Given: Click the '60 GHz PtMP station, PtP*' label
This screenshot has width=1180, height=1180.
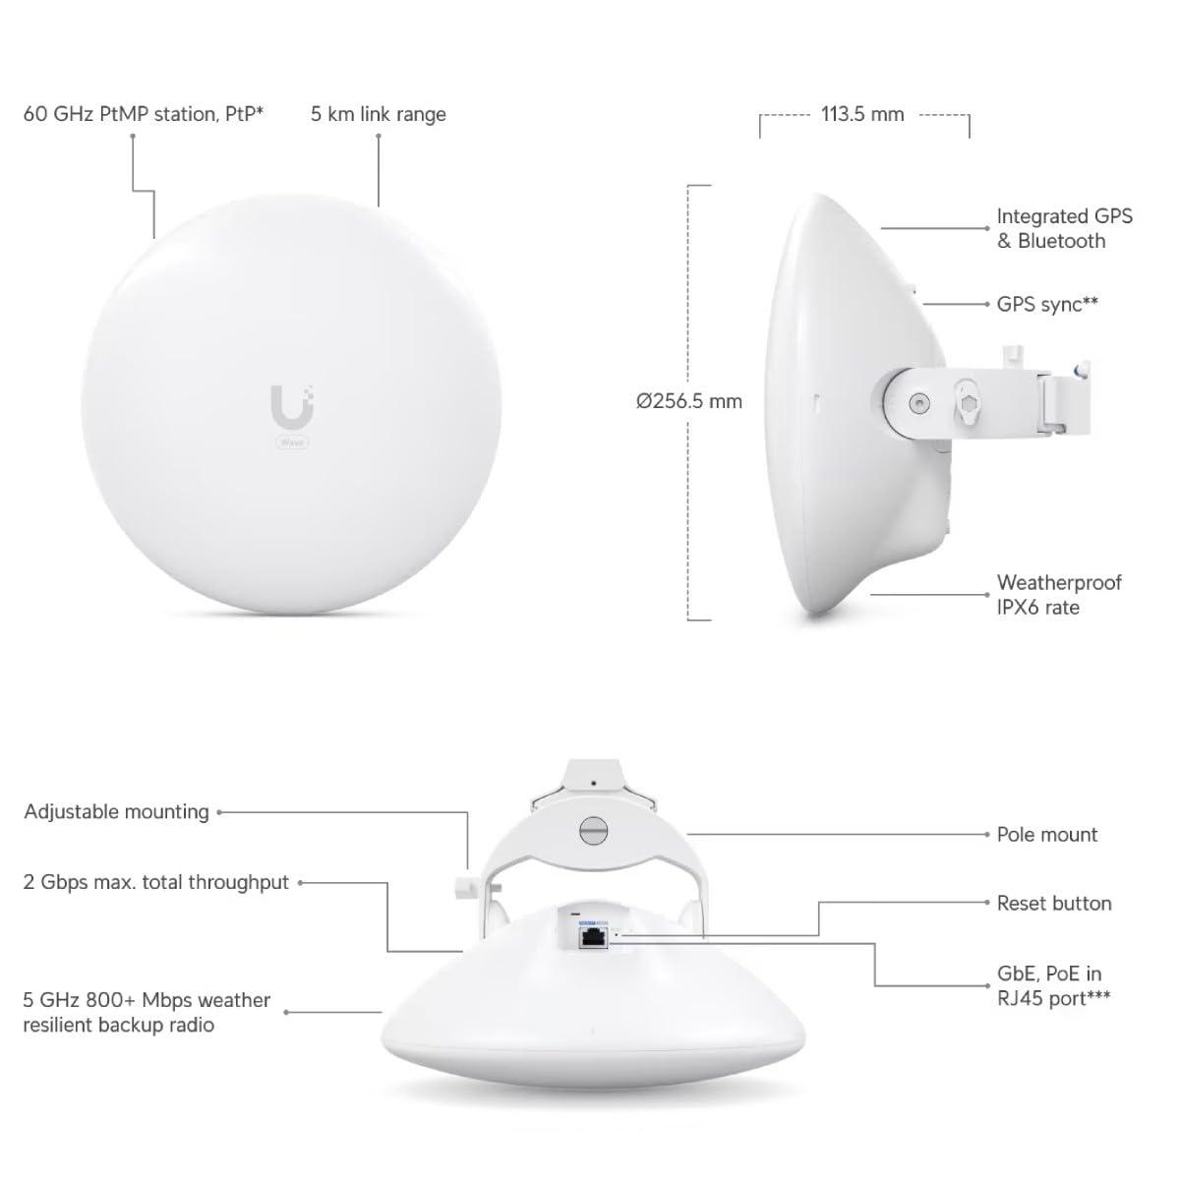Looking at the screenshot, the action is pos(144,114).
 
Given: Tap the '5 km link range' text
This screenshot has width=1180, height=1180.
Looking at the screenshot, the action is pos(378,114).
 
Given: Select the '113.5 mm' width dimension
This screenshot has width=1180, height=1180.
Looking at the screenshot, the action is pos(862,114).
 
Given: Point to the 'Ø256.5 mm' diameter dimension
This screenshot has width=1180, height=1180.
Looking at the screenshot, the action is pos(689,402).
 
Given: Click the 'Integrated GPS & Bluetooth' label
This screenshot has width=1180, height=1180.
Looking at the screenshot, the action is pos(1064,228).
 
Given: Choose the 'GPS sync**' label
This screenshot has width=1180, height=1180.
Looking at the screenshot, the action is pos(1047,304).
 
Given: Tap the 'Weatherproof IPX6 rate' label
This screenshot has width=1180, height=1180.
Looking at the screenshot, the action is pos(1059,595).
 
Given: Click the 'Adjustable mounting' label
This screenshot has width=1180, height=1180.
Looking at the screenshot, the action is pos(116,812).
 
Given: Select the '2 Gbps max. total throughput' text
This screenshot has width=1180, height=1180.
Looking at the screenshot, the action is pos(155,882).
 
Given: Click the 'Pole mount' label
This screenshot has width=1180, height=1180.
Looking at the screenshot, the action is pos(1047,835).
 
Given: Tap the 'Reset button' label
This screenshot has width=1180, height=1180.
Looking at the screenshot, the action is pos(1054,904).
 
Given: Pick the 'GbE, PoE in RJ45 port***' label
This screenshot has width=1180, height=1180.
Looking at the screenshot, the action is pos(1053,986).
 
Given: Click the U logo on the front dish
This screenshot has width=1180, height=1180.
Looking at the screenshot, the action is pos(293,406).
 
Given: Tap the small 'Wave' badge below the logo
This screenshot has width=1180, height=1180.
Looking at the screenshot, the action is pos(292,442).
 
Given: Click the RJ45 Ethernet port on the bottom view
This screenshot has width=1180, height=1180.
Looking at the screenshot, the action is pos(592,937).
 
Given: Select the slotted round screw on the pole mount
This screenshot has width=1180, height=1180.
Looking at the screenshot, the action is pos(593,830).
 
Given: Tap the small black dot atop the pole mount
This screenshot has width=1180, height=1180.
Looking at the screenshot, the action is pos(593,783).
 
